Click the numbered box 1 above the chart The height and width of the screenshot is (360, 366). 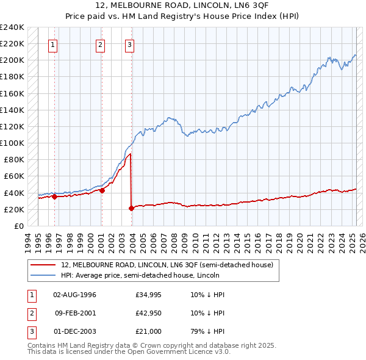53,44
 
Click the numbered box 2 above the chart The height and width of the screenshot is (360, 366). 100,44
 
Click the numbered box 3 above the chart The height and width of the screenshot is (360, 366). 130,44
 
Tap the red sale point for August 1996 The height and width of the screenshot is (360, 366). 55,196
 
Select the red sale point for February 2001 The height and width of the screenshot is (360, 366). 102,190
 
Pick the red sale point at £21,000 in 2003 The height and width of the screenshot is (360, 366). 131,208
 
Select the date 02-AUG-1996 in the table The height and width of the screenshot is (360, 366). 75,295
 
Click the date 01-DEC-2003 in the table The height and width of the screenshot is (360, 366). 75,331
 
